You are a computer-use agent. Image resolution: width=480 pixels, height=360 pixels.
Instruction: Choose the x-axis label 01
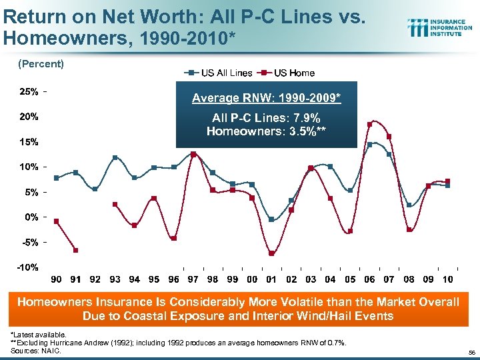coord(271,279)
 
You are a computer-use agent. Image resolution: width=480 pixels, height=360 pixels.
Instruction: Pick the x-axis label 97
coord(193,279)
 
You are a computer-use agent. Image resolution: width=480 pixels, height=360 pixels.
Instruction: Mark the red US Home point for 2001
coord(271,253)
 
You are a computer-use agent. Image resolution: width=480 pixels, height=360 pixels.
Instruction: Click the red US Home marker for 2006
coord(369,124)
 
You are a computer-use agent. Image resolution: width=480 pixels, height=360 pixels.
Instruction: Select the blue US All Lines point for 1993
coord(115,157)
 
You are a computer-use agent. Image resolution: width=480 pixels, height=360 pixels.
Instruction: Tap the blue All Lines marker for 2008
coord(409,205)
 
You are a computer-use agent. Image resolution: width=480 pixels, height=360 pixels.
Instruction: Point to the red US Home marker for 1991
coord(76,250)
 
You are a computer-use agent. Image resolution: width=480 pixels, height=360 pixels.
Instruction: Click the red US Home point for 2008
coord(409,230)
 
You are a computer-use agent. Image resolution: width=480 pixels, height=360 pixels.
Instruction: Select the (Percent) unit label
coord(41,64)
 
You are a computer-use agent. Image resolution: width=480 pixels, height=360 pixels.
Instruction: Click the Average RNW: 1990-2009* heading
coord(267,98)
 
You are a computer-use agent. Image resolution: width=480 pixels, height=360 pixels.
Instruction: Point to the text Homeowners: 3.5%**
coord(267,131)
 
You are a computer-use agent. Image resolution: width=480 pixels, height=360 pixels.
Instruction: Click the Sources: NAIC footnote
coord(37,349)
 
